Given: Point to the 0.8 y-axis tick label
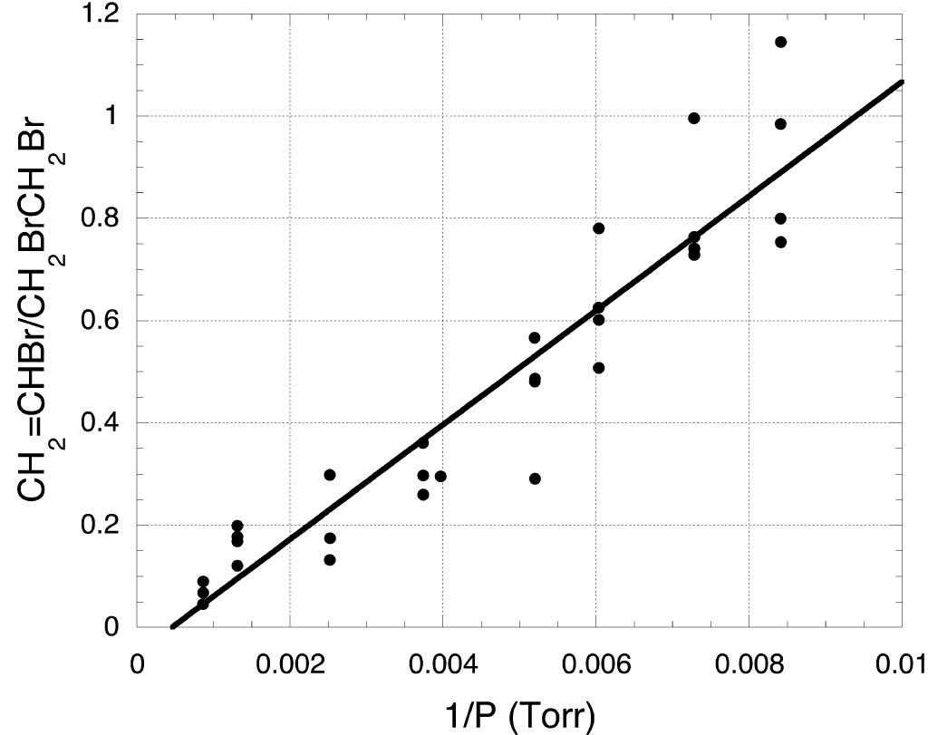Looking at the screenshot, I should coord(101,218).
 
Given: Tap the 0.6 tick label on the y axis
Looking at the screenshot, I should coord(101,321).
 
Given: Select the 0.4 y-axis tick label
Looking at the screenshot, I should coord(101,423).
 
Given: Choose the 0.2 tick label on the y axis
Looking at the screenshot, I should coord(101,526).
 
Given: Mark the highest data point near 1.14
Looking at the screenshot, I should coord(780,42).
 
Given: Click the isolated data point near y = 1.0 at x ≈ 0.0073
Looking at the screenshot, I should coord(694,118).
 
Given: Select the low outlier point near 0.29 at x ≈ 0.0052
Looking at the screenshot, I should coord(535,479).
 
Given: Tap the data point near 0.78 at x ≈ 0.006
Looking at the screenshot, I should coord(598,228).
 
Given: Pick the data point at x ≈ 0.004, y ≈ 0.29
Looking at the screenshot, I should coord(440,476).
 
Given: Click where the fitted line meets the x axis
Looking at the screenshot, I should coord(172,626).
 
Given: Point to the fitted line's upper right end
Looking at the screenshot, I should coord(902,82).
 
